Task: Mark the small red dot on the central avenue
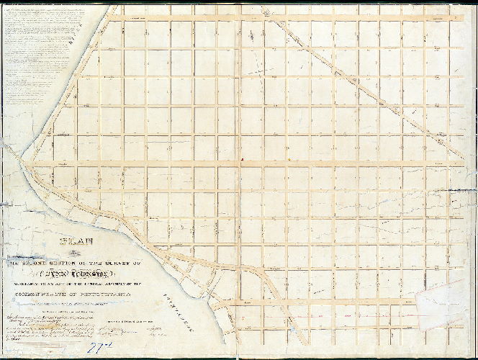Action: point(243,159)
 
